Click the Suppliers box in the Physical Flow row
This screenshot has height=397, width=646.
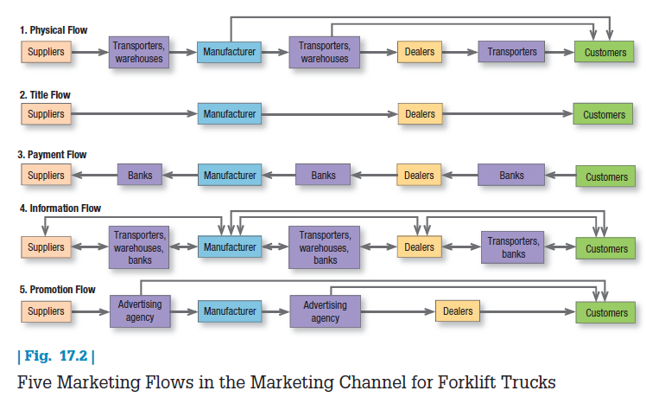coord(46,52)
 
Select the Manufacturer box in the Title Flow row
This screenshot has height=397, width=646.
coord(229,113)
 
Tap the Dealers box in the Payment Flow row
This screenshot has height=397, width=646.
coord(420,176)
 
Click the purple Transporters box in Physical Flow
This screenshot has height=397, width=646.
coord(511,52)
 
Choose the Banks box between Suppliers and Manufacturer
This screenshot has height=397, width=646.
coord(140,176)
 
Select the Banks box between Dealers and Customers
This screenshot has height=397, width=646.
coord(511,176)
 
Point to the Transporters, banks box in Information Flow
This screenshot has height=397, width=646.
coord(513,247)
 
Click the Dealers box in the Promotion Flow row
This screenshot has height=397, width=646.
coord(458,311)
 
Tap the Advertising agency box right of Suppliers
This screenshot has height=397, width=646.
coord(139,311)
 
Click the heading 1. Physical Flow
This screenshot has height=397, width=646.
coord(54,30)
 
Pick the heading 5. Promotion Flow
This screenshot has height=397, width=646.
coord(57,290)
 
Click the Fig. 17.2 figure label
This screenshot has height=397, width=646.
coord(55,356)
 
